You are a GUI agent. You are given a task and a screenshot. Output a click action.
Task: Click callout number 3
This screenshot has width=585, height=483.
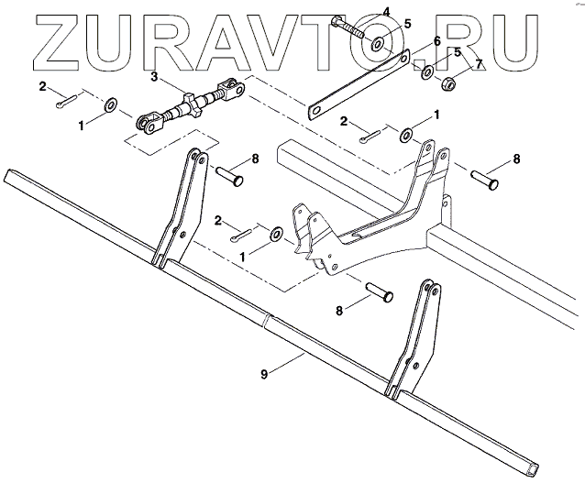pos(155,77)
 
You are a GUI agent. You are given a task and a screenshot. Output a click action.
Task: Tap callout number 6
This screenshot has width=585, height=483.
pos(437,41)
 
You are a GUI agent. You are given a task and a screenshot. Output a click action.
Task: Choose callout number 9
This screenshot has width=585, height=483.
pos(263,373)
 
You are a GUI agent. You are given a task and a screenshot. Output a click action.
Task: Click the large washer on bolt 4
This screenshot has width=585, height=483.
pos(377,42)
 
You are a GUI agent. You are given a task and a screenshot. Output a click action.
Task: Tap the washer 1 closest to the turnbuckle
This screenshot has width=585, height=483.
pos(110,104)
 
